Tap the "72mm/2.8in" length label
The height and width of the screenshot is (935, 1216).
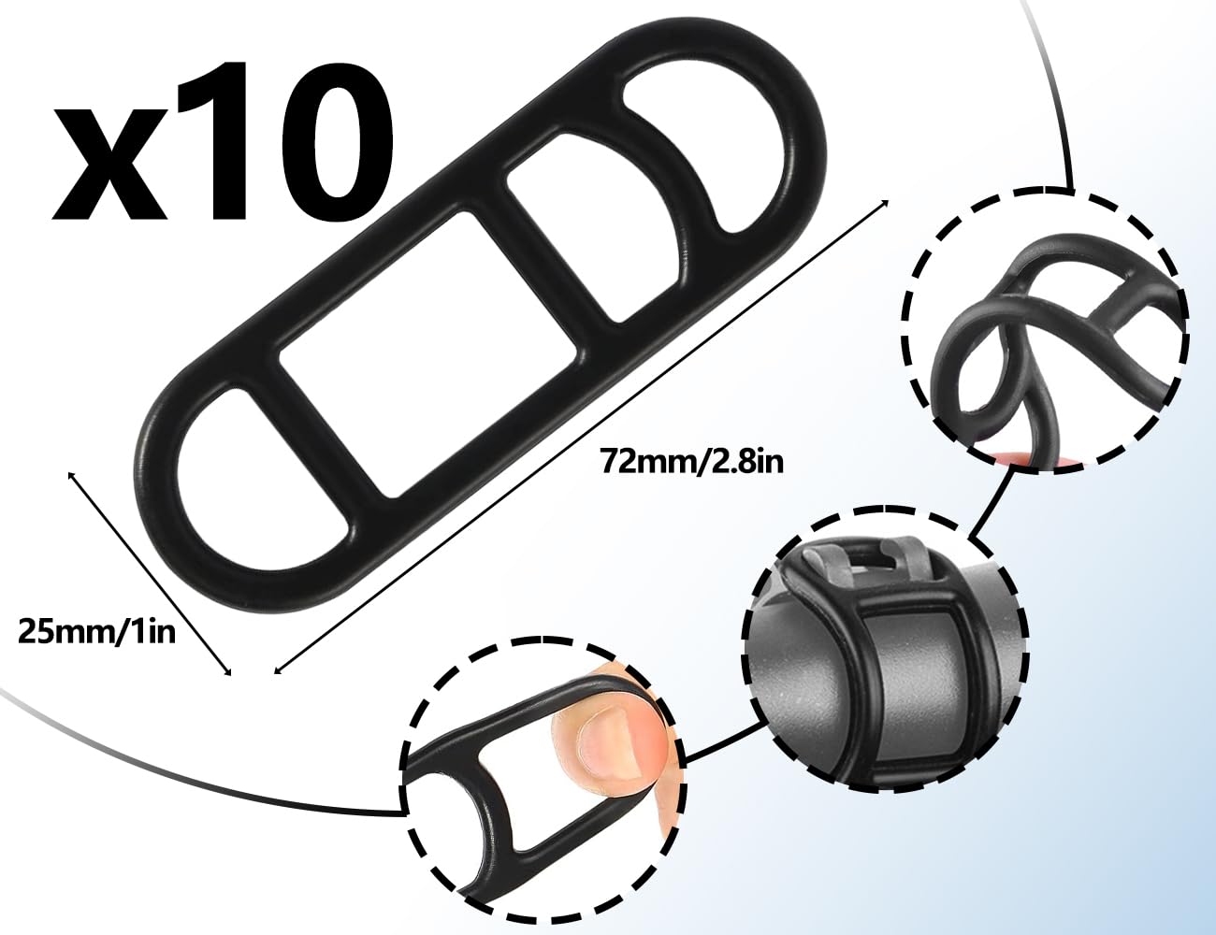tap(687, 462)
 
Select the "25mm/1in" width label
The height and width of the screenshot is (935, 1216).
tap(97, 632)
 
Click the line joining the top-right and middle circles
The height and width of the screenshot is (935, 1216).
tap(992, 505)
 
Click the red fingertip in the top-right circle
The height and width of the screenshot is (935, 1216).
tap(1010, 456)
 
